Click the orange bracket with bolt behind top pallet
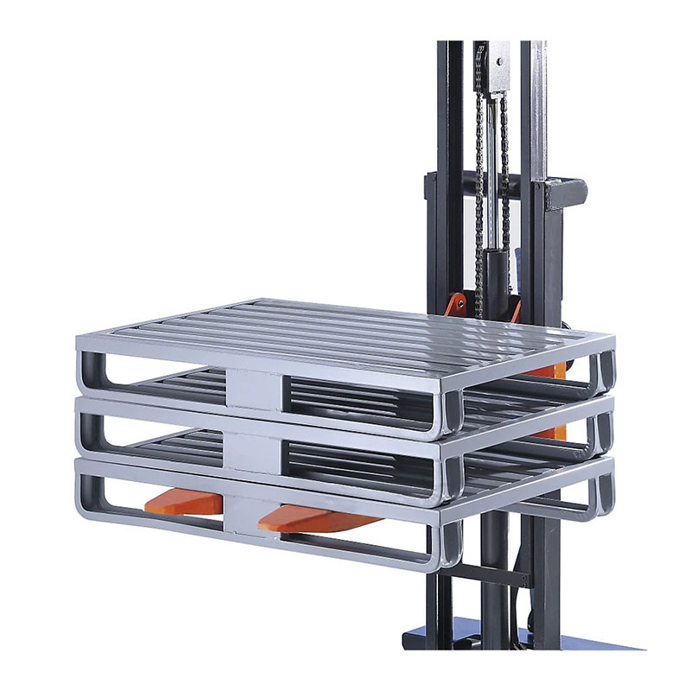coord(457,304)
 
